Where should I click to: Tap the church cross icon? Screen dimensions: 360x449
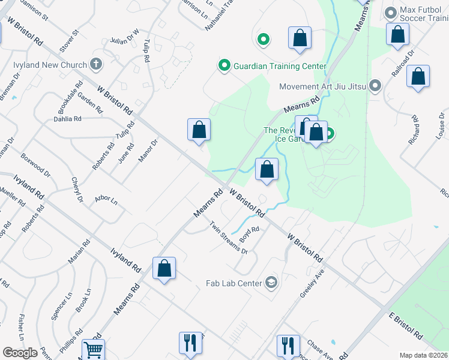(x=96, y=64)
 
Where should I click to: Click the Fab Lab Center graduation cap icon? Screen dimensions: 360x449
(x=271, y=283)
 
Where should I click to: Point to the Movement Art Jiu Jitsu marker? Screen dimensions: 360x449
(x=375, y=86)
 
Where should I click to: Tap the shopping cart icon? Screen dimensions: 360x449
(x=93, y=349)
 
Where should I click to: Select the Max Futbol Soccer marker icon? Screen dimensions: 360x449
(x=391, y=13)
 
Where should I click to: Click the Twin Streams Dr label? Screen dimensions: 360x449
(x=229, y=238)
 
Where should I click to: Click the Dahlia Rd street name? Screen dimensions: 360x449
(x=67, y=119)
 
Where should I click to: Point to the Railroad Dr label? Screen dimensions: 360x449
(x=411, y=60)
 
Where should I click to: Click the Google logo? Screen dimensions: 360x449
(x=20, y=353)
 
